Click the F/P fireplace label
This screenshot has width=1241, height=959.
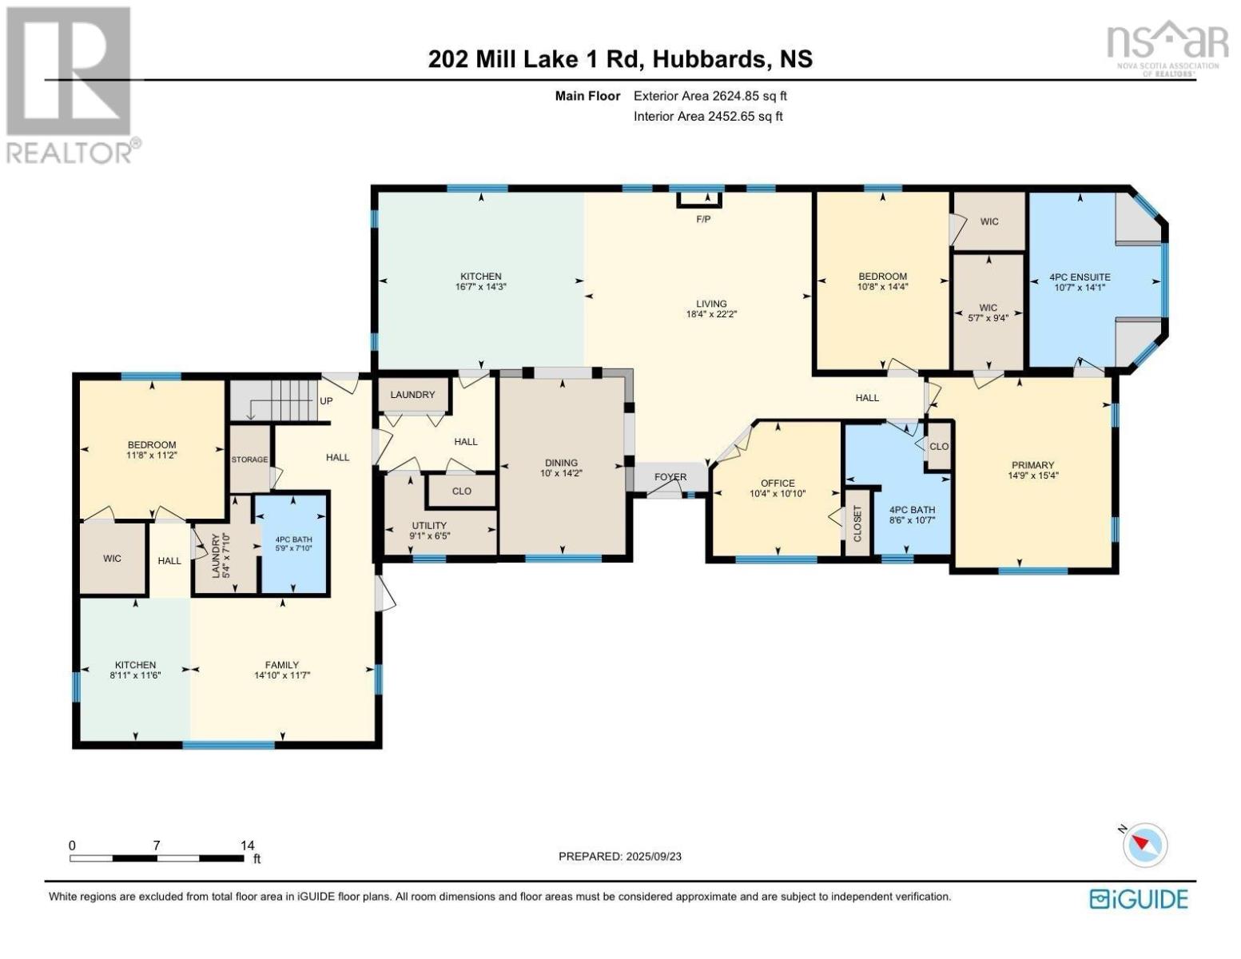[703, 219]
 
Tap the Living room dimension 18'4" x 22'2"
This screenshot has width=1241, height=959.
[711, 314]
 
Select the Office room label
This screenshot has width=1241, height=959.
[778, 483]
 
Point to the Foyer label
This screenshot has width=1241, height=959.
[670, 477]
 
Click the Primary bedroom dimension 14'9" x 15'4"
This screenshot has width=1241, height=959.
[1033, 476]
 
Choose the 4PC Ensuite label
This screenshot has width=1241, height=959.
[1080, 277]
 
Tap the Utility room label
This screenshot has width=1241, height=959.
[429, 526]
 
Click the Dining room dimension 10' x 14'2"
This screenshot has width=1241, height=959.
[562, 473]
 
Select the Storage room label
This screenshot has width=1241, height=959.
[249, 460]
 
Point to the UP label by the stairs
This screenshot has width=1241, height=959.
[326, 401]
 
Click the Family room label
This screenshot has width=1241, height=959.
[282, 665]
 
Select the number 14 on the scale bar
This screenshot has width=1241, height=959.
[247, 845]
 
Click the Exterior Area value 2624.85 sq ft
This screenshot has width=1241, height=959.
[750, 96]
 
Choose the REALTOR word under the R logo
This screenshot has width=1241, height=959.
[70, 153]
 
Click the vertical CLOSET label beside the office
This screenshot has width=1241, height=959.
[857, 523]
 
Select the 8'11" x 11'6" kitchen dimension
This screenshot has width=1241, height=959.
[135, 675]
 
